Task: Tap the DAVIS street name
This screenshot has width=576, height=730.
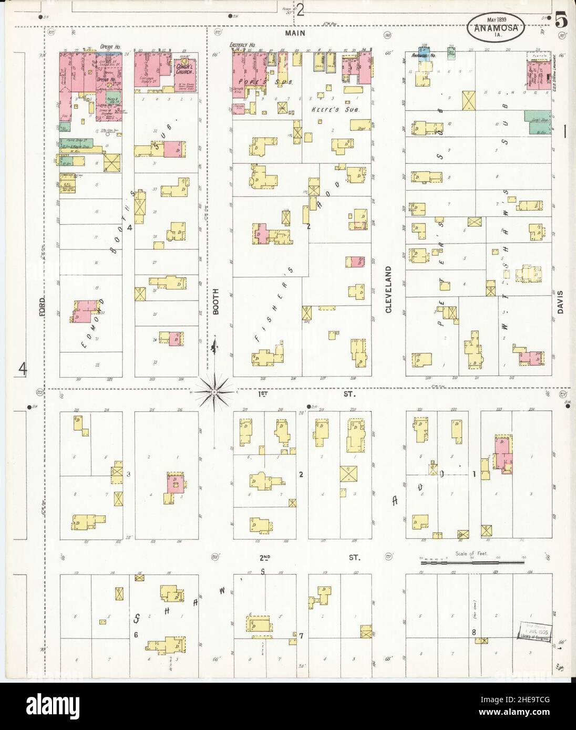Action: point(561,303)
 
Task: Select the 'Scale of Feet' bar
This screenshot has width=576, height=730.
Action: point(472,562)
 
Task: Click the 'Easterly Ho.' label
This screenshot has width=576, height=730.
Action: point(242,46)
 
